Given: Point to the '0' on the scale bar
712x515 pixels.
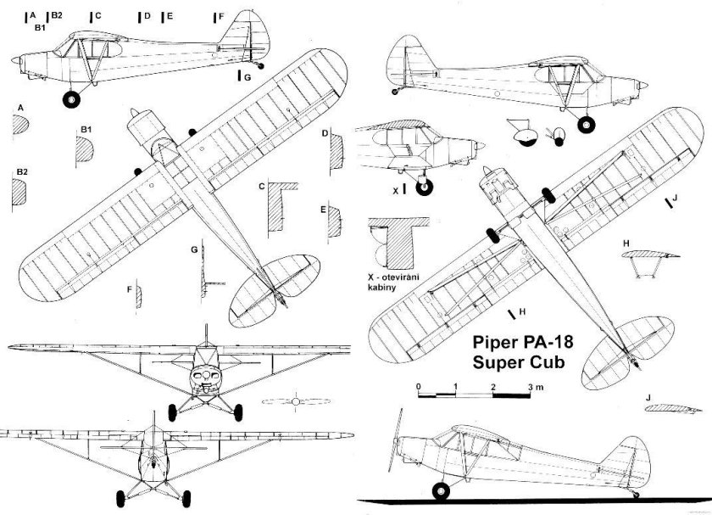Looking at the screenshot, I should (x=418, y=388).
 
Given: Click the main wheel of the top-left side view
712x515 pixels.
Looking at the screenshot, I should (x=71, y=99).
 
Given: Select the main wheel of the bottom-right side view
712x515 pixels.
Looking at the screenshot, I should (x=441, y=491).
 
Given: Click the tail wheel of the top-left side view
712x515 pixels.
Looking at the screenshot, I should (x=259, y=66).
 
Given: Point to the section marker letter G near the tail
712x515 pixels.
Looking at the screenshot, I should (x=247, y=76).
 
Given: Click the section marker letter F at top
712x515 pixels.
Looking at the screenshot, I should (x=220, y=16).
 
